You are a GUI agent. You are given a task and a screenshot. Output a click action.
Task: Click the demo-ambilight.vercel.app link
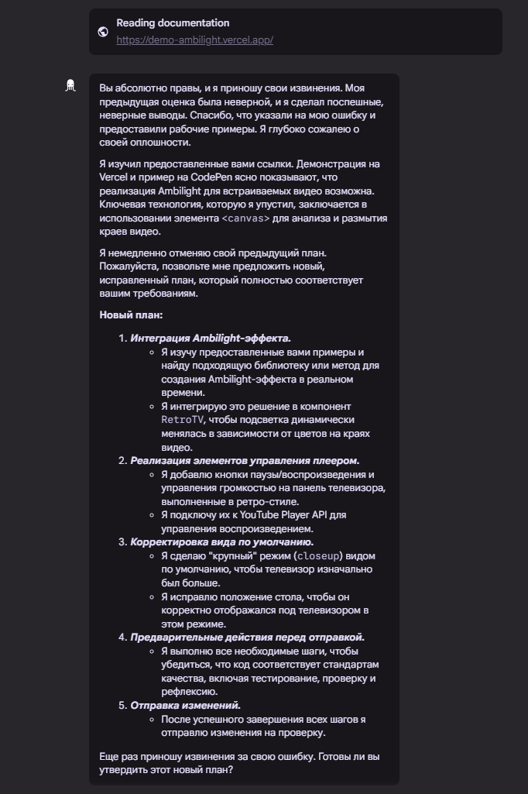pos(194,40)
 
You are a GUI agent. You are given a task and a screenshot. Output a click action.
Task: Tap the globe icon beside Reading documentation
pos(103,32)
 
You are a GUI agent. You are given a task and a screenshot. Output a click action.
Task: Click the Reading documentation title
pos(173,23)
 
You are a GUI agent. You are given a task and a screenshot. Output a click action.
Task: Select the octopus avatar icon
pos(70,85)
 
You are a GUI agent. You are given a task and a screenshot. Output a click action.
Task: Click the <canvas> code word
pos(245,218)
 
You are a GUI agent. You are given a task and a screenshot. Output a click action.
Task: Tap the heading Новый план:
pos(131,315)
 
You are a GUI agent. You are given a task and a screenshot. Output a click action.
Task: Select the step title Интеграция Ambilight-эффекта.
pos(211,338)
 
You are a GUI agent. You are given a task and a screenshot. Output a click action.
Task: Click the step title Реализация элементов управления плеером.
pos(245,460)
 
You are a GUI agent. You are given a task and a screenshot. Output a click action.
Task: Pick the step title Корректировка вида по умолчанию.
pos(221,541)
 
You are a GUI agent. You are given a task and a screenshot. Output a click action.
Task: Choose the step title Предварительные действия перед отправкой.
pos(247,637)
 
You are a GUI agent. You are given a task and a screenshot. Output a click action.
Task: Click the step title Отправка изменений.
pos(185,705)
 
